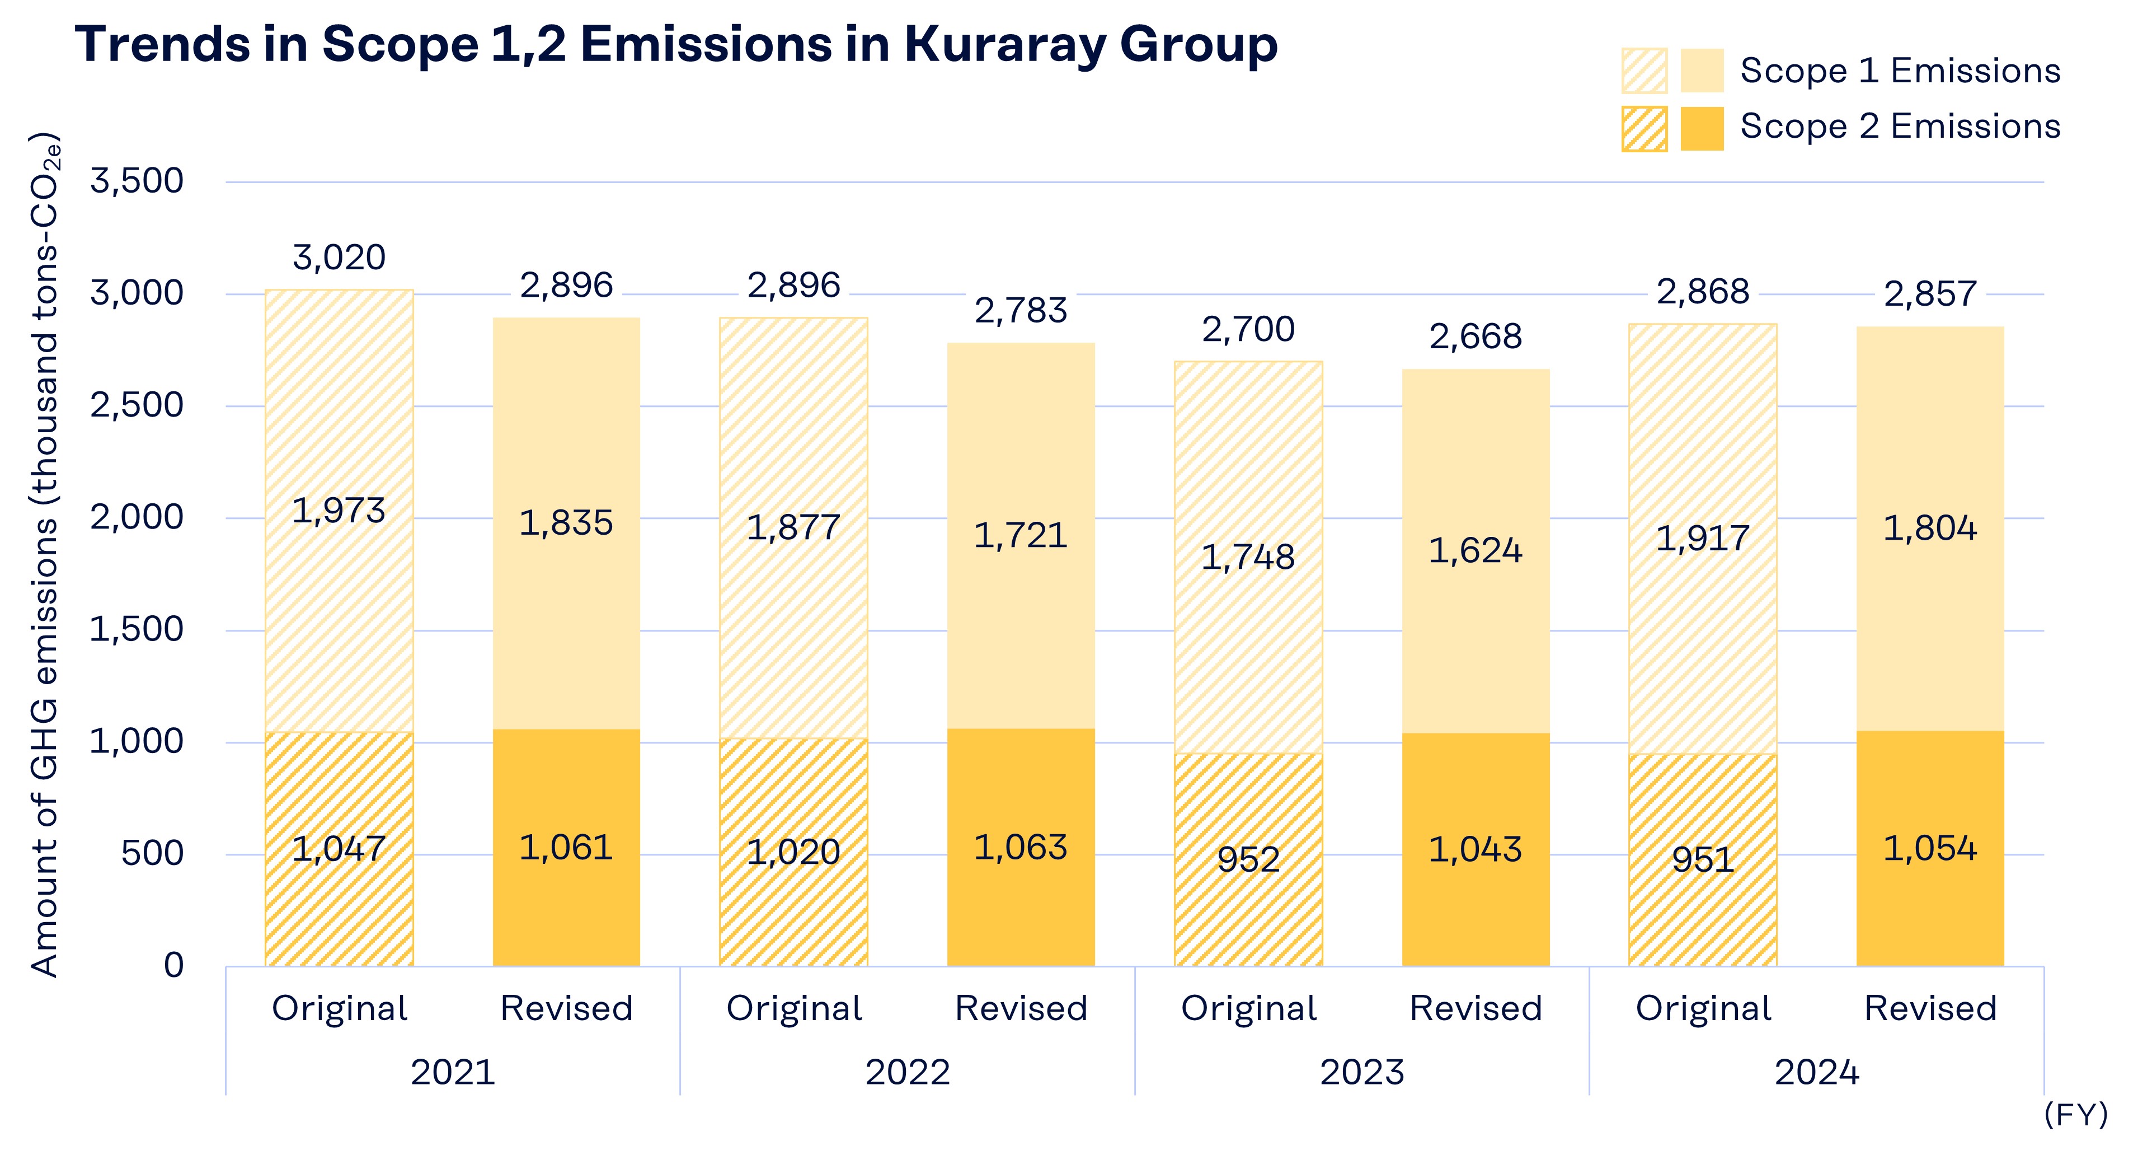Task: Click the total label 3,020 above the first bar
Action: tap(339, 258)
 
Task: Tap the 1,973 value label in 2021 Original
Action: tap(339, 511)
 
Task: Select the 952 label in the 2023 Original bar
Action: tap(1248, 859)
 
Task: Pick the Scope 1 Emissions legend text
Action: tap(1900, 71)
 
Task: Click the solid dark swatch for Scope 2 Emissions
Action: tap(1702, 129)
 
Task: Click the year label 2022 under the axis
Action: tap(907, 1072)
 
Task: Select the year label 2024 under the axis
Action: tap(1816, 1072)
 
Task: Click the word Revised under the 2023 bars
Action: tap(1476, 1008)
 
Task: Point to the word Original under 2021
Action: tap(339, 1008)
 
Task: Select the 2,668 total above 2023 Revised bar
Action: tap(1476, 336)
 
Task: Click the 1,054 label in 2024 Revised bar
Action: tap(1930, 849)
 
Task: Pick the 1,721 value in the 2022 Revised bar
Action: tap(1021, 536)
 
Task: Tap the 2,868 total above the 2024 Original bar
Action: tap(1703, 292)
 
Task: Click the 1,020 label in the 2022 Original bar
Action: tap(793, 852)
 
